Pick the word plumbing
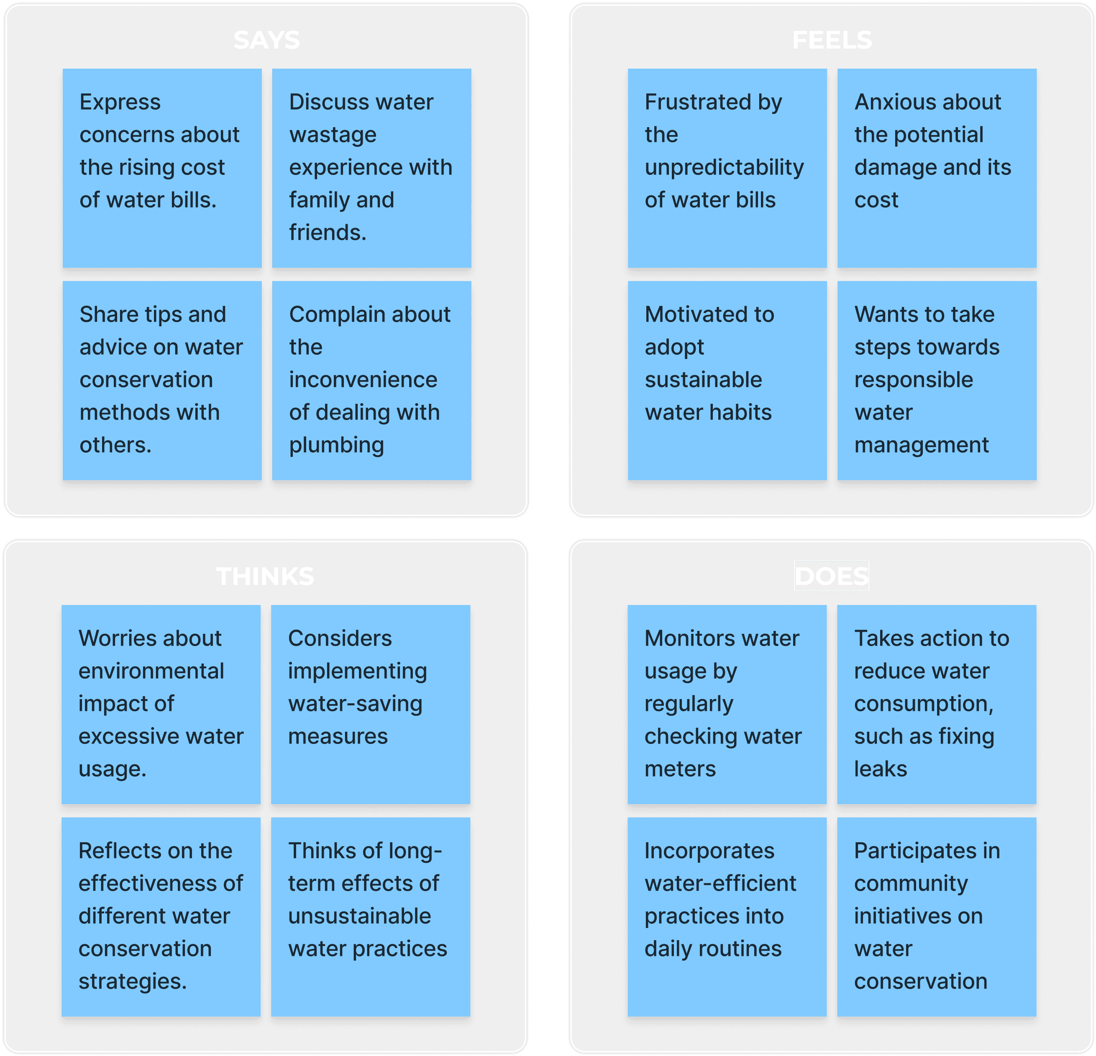(x=337, y=445)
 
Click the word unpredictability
(x=724, y=167)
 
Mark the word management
(x=922, y=445)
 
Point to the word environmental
(x=151, y=671)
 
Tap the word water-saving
(x=355, y=704)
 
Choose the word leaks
(x=880, y=769)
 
